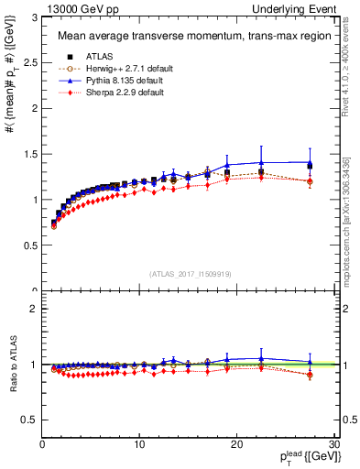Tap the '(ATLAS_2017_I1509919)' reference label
(x=189, y=272)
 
